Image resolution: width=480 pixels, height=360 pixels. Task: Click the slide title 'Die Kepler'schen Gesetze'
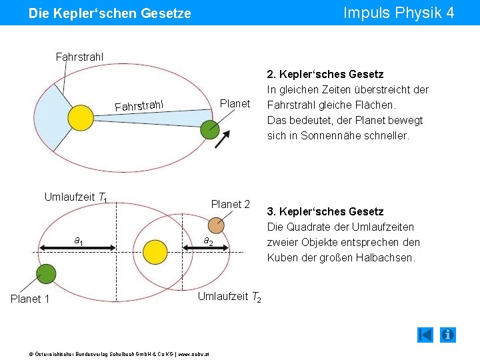pyautogui.click(x=110, y=13)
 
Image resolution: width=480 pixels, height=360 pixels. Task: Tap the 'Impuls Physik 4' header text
pyautogui.click(x=398, y=13)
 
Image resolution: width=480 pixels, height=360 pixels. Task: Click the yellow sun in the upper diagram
pyautogui.click(x=81, y=118)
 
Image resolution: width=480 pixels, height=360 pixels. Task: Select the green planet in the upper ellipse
pyautogui.click(x=210, y=129)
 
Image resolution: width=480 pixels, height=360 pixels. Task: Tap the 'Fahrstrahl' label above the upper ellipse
pyautogui.click(x=79, y=55)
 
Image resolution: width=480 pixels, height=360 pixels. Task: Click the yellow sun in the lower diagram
pyautogui.click(x=155, y=252)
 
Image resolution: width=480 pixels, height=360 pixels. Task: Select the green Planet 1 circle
pyautogui.click(x=46, y=273)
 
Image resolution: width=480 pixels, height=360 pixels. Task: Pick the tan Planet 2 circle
pyautogui.click(x=216, y=223)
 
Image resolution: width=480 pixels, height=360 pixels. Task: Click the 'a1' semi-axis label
pyautogui.click(x=79, y=240)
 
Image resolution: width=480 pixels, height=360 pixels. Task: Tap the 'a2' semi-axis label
pyautogui.click(x=208, y=241)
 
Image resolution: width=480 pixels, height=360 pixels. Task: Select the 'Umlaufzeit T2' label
pyautogui.click(x=229, y=297)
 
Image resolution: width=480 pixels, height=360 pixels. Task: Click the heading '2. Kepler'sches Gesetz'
pyautogui.click(x=325, y=74)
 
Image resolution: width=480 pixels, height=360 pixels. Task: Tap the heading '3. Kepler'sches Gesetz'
pyautogui.click(x=325, y=211)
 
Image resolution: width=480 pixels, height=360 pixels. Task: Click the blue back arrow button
pyautogui.click(x=425, y=335)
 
